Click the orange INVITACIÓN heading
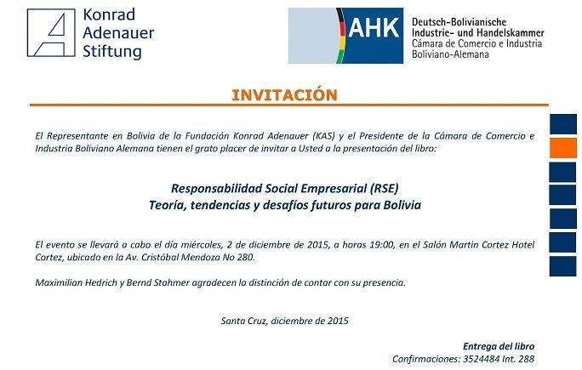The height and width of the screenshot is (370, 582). (x=284, y=95)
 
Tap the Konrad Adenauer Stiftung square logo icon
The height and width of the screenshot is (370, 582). (x=51, y=32)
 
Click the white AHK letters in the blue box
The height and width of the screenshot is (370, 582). (x=374, y=27)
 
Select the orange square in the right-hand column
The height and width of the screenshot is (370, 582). (x=563, y=148)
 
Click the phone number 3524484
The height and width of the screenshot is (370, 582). (x=481, y=359)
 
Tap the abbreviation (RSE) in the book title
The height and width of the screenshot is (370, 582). (x=384, y=189)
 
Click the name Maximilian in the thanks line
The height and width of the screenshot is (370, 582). (x=59, y=282)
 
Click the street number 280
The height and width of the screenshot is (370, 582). (x=245, y=257)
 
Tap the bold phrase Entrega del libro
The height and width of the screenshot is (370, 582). (x=499, y=346)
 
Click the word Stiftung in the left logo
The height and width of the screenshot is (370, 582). (x=112, y=51)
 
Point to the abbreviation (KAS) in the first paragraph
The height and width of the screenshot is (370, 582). (x=323, y=136)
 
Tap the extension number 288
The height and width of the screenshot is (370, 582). (x=527, y=359)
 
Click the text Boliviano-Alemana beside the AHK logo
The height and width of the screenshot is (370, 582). (x=450, y=54)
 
